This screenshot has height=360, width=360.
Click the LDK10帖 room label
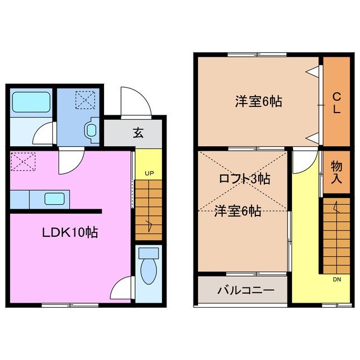tap(70, 231)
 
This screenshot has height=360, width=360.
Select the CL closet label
tap(336, 102)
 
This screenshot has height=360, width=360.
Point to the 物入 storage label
tap(336, 173)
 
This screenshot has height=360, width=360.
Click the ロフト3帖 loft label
tap(244, 179)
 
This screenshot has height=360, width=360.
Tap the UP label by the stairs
tap(149, 173)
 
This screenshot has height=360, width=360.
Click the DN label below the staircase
tap(337, 278)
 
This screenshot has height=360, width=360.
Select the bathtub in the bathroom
tap(31, 102)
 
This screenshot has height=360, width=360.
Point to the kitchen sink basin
tap(55, 198)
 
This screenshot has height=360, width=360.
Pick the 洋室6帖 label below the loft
tap(237, 211)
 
